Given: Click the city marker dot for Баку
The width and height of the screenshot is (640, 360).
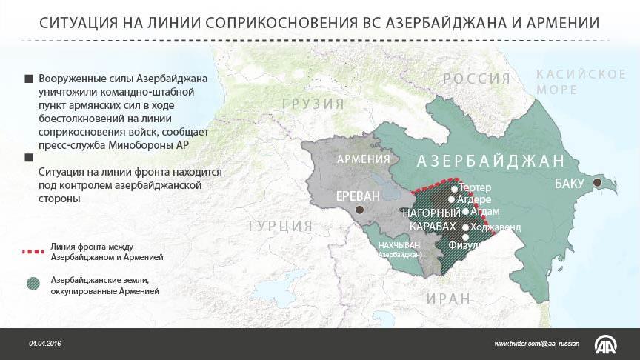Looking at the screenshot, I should point(596,183).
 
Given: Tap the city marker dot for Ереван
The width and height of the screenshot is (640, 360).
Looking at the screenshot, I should point(360,210).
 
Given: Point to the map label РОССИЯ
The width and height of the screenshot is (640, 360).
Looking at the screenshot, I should point(476,79).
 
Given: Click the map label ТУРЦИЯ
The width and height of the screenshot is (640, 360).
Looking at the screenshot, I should point(279,226).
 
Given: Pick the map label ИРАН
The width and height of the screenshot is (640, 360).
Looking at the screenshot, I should point(448,298).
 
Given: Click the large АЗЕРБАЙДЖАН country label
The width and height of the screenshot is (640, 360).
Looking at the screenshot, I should point(491,161).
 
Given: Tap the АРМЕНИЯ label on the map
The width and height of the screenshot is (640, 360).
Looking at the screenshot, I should point(363,159).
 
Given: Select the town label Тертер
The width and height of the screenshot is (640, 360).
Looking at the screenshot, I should point(475,188).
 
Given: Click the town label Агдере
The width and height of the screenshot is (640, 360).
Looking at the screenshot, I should point(474,199).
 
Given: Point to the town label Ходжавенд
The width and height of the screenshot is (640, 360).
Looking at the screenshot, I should point(496,227).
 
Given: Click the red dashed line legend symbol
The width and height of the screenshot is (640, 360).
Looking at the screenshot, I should point(33,252).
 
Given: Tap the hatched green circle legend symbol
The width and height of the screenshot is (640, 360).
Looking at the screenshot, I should point(33,284).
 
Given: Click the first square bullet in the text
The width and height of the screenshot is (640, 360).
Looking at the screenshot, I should point(29,79).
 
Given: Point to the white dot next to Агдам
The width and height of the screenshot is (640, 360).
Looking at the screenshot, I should point(465,212).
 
